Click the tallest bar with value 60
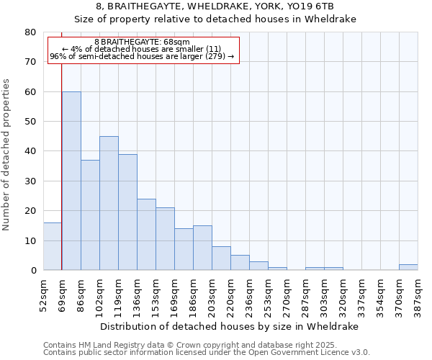[x=71, y=181]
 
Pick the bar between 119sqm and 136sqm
[x=127, y=212]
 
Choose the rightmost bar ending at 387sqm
[x=408, y=267]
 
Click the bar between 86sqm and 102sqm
[x=90, y=215]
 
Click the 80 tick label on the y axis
[x=30, y=32]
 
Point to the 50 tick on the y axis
[x=30, y=122]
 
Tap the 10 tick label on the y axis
[x=30, y=240]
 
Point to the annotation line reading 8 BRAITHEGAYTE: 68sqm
[x=142, y=42]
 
